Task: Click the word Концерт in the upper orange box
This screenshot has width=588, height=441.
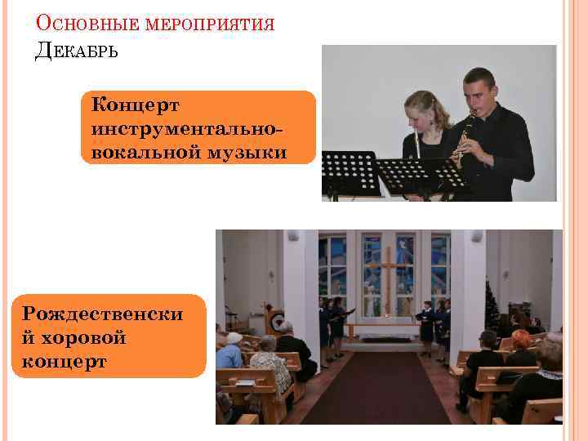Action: click(136, 106)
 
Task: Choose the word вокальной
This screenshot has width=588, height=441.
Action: click(144, 151)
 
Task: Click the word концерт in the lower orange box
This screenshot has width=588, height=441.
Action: click(65, 360)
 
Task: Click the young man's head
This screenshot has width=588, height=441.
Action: click(479, 86)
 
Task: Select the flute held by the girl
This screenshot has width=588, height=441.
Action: click(417, 144)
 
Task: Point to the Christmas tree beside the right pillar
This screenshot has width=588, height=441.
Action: click(491, 306)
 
